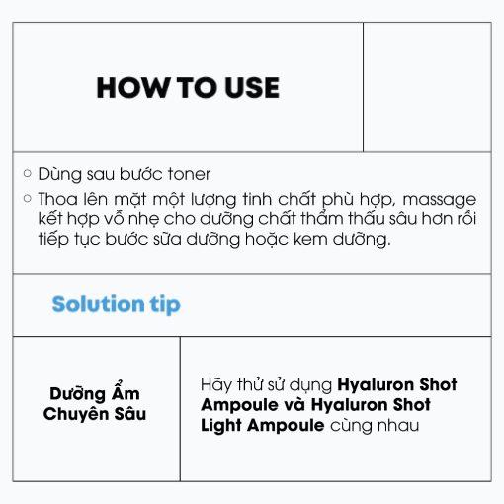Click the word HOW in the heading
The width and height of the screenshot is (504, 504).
132,88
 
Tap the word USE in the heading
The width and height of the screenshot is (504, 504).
252,88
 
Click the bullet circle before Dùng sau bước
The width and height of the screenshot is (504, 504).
28,173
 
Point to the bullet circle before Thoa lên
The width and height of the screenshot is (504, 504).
28,198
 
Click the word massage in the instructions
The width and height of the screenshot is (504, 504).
440,200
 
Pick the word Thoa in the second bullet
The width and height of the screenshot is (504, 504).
57,199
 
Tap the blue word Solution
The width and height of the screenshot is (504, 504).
98,303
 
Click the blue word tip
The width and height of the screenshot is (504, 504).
165,305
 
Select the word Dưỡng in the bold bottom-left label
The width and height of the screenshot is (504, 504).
76,393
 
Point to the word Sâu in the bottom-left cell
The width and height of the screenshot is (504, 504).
130,413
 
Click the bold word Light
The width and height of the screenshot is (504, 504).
221,426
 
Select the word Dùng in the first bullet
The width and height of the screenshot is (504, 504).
59,174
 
